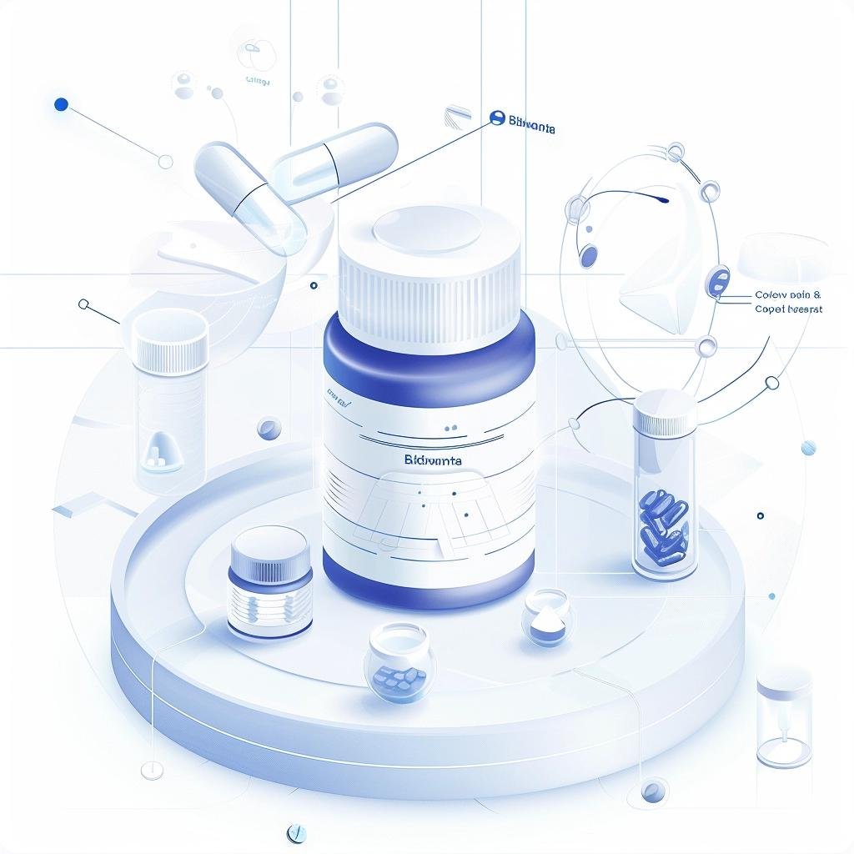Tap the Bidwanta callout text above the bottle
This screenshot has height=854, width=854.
[532, 121]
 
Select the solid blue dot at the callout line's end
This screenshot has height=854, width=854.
[60, 105]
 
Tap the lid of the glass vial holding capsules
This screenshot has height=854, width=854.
[665, 410]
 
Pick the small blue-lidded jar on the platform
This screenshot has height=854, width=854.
[270, 584]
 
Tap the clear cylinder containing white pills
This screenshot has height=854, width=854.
[170, 400]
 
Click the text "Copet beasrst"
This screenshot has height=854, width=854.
[788, 309]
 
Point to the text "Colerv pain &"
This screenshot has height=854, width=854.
[787, 294]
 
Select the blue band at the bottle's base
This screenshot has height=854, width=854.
[427, 575]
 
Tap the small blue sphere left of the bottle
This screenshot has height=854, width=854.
[269, 429]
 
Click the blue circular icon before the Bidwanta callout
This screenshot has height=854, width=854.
[498, 118]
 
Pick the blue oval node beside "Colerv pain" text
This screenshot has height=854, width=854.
[717, 281]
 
